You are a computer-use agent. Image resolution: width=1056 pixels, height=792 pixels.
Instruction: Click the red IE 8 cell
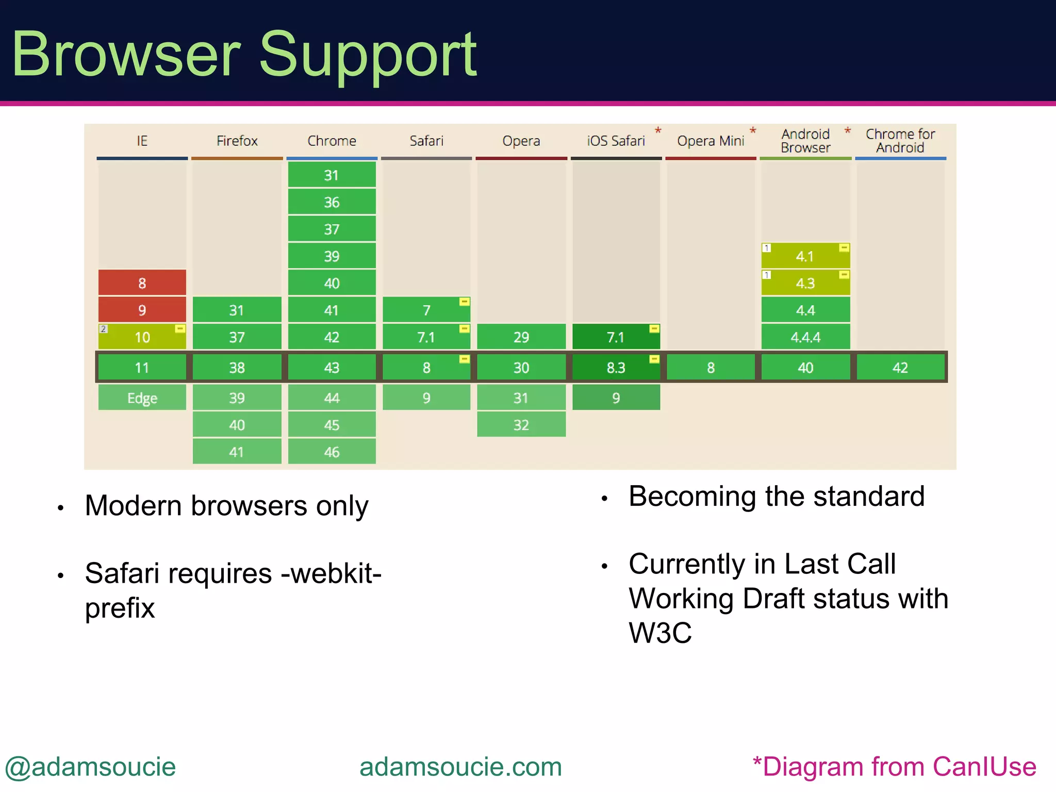[x=142, y=283]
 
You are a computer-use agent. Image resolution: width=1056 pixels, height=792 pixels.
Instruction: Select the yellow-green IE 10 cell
[x=142, y=337]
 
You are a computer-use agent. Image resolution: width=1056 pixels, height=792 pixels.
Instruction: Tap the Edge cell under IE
[x=142, y=398]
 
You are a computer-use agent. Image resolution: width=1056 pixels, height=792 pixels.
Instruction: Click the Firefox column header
[x=237, y=141]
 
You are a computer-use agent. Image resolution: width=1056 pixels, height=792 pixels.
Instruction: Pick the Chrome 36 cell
[x=332, y=202]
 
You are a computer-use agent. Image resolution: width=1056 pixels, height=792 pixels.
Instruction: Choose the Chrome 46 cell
[x=332, y=452]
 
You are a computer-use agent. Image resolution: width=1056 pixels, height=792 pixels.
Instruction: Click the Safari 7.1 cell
[x=426, y=337]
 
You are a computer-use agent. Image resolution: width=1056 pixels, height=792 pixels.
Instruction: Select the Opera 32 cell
[x=521, y=425]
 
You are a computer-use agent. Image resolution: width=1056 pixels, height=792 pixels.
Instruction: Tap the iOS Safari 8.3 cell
[x=616, y=368]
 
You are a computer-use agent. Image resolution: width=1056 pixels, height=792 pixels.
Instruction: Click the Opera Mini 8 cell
[x=711, y=368]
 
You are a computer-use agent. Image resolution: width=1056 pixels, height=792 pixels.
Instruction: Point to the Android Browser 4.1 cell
[x=805, y=256]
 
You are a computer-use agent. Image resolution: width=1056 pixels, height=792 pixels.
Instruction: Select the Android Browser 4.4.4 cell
[x=805, y=337]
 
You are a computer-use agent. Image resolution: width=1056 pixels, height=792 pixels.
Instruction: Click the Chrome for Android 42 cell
[x=900, y=368]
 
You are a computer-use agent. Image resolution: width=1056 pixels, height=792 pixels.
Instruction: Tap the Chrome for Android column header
[x=900, y=141]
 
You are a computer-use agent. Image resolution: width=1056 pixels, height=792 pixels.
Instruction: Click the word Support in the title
[x=367, y=55]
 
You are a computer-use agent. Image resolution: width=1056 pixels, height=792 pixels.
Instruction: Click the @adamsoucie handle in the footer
[x=91, y=767]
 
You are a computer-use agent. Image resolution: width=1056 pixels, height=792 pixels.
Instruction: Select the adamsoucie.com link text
[x=460, y=767]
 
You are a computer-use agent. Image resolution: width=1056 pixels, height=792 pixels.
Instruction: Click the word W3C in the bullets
[x=660, y=633]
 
